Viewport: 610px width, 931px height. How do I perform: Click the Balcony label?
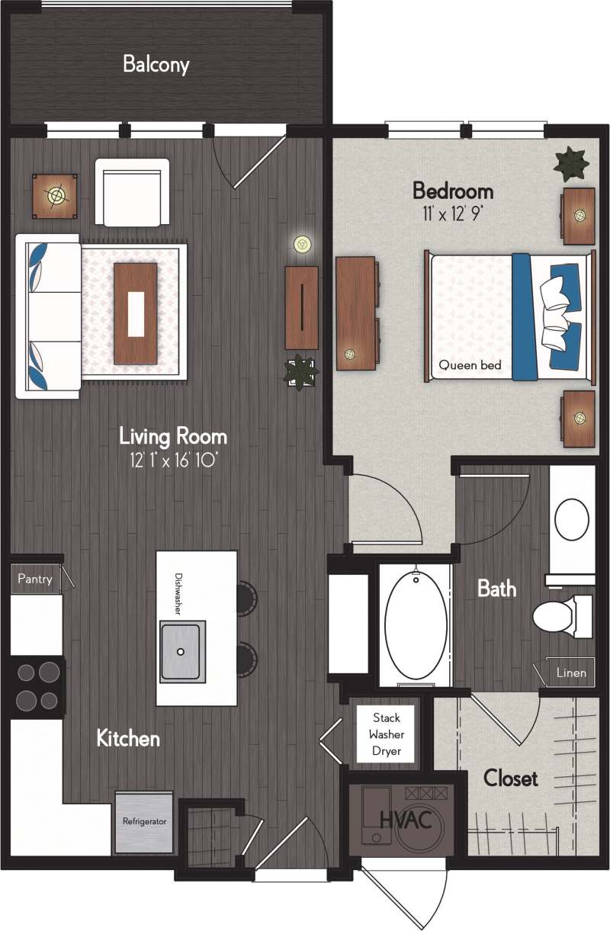click(156, 65)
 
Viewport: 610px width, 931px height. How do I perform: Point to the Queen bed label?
click(470, 365)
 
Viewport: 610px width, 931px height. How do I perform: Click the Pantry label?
click(35, 579)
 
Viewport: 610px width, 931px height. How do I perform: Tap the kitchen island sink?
click(182, 651)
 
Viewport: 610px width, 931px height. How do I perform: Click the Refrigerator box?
click(144, 822)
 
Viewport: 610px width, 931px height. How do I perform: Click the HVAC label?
click(406, 821)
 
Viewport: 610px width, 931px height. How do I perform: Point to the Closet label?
click(510, 779)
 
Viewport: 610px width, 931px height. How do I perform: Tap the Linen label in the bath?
click(571, 673)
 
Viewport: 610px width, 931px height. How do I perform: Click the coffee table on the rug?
click(136, 313)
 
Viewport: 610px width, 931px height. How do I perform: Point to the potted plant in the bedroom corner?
click(571, 162)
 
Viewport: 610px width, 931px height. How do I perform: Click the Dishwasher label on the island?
click(178, 593)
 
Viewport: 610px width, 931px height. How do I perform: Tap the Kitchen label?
click(128, 738)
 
